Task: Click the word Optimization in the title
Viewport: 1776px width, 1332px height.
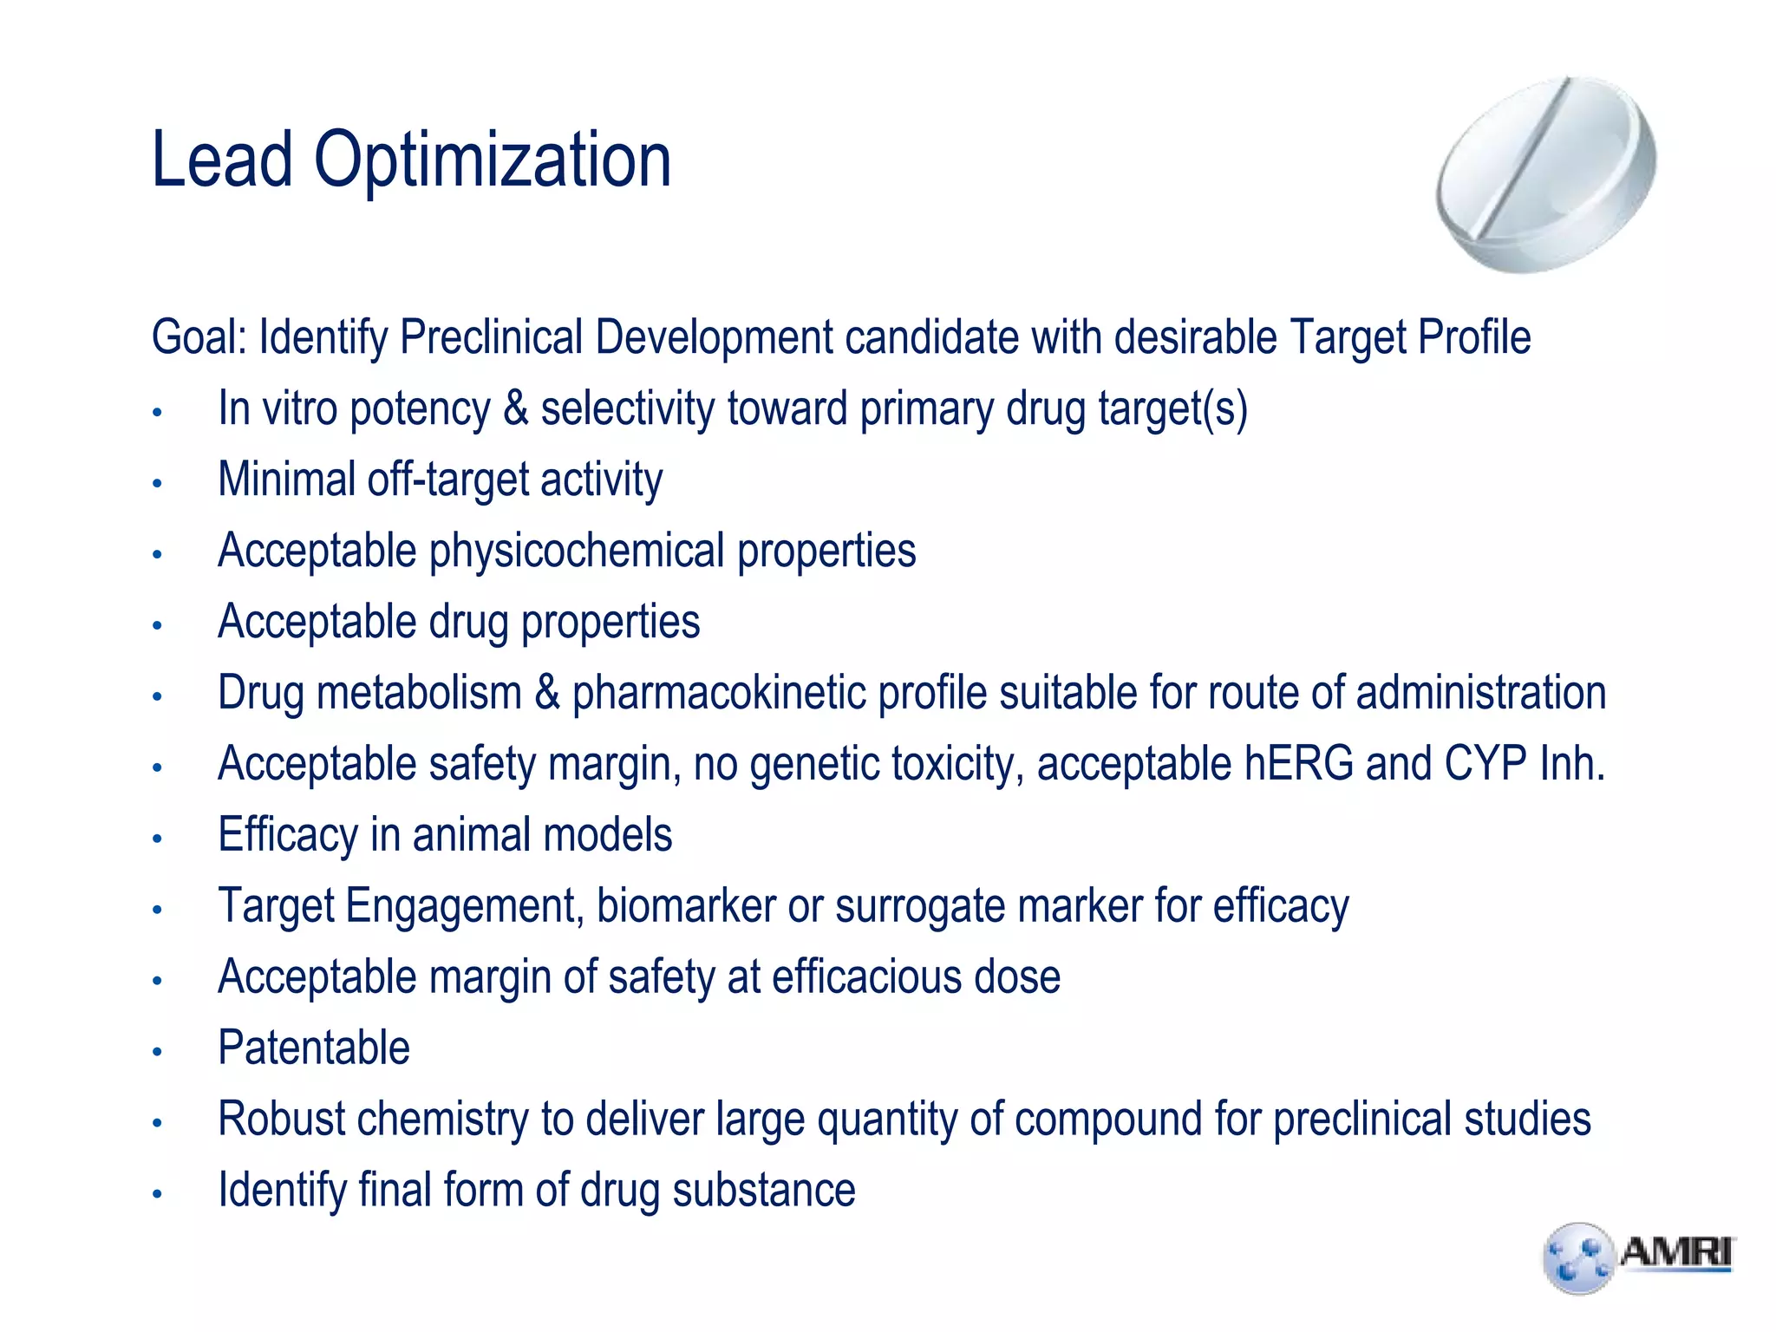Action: tap(492, 161)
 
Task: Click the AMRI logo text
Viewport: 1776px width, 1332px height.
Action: tap(1675, 1253)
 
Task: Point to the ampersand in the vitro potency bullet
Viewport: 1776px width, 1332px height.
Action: tap(515, 408)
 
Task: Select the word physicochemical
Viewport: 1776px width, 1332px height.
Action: tap(577, 551)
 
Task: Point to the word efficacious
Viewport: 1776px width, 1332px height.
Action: tap(866, 977)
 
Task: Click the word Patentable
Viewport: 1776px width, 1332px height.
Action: tap(314, 1048)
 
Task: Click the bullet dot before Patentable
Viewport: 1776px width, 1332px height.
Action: tap(157, 1052)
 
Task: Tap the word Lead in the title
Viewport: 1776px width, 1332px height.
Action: tap(222, 161)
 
